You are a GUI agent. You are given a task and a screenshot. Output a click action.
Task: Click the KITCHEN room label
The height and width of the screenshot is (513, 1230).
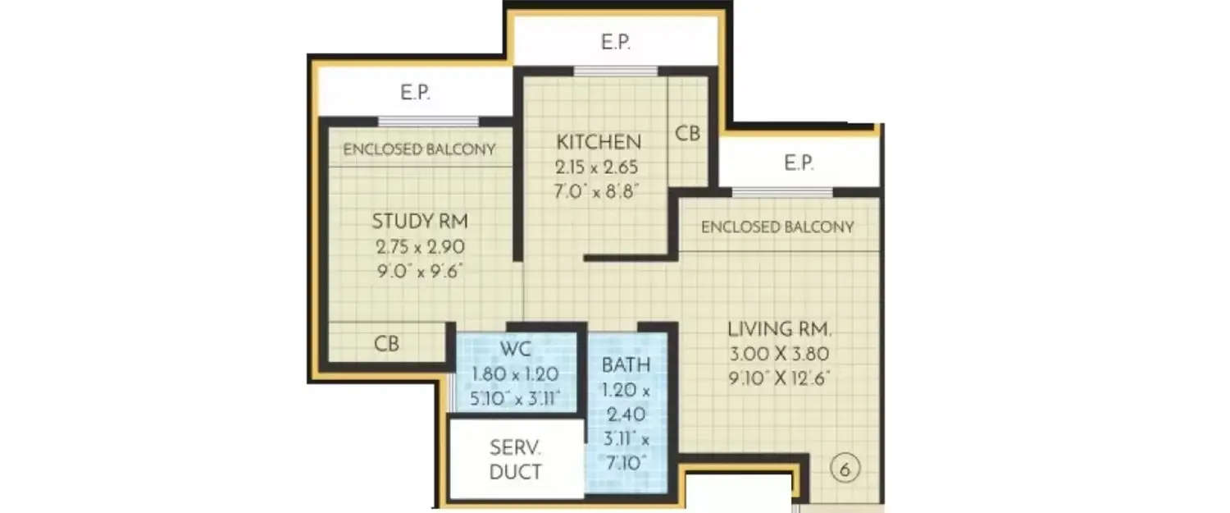click(x=596, y=141)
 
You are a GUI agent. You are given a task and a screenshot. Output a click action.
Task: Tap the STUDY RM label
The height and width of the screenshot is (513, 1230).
click(x=420, y=221)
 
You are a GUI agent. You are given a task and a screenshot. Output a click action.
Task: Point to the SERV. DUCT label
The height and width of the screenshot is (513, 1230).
click(x=515, y=460)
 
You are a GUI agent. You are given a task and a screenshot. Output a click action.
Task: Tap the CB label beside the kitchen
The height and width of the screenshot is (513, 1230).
click(x=688, y=133)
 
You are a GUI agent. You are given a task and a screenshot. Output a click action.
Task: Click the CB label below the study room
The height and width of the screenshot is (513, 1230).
click(x=387, y=344)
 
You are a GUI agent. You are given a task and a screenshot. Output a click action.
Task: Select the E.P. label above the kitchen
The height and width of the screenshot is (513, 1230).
click(x=616, y=43)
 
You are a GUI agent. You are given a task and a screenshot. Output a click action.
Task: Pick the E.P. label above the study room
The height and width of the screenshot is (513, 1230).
click(x=416, y=93)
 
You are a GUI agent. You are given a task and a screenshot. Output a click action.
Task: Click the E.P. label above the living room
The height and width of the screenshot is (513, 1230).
click(x=799, y=163)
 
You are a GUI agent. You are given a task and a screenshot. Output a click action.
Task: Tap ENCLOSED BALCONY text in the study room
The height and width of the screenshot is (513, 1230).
click(x=419, y=149)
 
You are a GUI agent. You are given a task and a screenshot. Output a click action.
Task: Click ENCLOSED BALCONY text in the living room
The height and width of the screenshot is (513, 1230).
click(x=777, y=227)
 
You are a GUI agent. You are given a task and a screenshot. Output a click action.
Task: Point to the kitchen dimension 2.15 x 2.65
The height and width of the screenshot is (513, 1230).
click(x=596, y=168)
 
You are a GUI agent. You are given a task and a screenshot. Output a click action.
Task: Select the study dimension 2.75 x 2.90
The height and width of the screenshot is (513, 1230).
click(x=419, y=246)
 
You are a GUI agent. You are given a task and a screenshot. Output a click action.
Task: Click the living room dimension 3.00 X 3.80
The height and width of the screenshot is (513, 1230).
click(x=780, y=355)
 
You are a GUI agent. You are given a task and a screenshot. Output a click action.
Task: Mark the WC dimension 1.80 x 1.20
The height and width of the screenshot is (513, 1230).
click(x=515, y=374)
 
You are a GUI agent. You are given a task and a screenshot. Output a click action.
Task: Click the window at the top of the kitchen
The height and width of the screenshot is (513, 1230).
click(x=616, y=71)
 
